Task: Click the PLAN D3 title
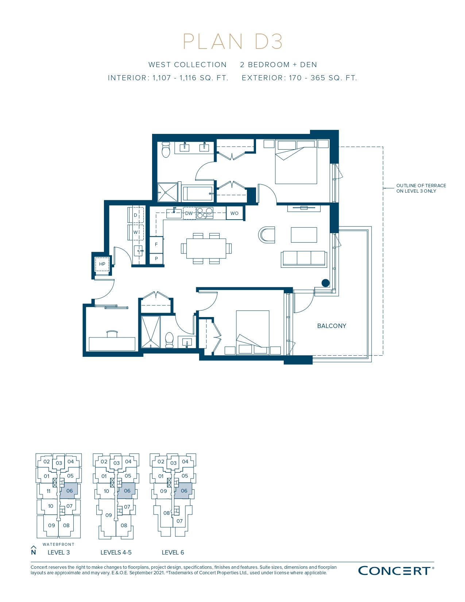tap(233, 42)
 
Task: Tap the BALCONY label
tap(332, 326)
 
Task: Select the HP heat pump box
tap(102, 264)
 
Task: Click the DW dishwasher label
tap(189, 213)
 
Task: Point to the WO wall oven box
tap(234, 213)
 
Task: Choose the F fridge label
tap(156, 244)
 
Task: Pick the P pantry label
tap(156, 258)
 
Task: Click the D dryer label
tap(135, 215)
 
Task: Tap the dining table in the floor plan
tap(206, 248)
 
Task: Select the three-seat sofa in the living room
tap(304, 259)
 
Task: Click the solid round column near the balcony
tap(325, 283)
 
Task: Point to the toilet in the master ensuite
tap(166, 150)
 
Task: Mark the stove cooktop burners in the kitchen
tap(205, 213)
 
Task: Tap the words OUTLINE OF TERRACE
tap(421, 185)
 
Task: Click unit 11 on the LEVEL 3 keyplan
tap(49, 491)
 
